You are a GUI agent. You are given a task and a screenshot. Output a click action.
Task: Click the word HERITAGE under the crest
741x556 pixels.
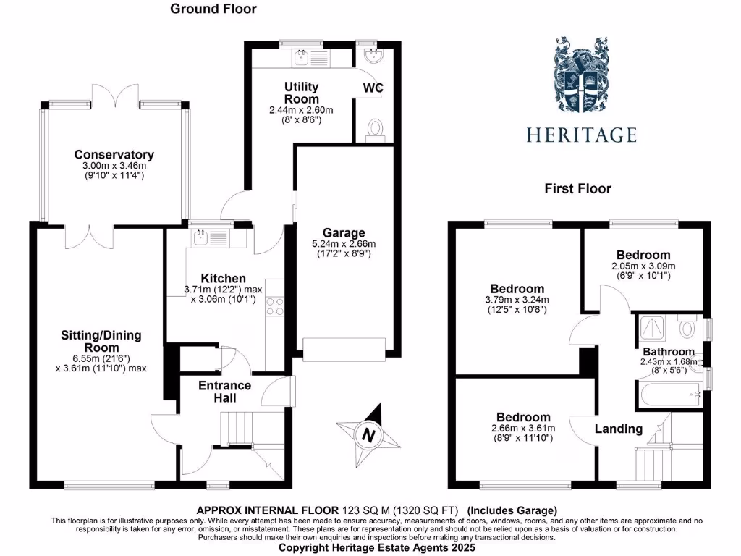(x=581, y=135)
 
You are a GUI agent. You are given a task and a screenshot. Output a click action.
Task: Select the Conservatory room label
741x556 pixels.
(x=114, y=155)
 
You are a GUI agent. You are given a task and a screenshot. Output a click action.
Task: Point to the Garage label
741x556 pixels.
(x=344, y=232)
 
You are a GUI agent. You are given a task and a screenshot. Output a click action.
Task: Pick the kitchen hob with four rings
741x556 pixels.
(x=275, y=307)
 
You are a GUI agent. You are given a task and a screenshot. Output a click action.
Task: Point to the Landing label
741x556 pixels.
(x=619, y=429)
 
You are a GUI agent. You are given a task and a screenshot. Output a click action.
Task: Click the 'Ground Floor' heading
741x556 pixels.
(x=213, y=9)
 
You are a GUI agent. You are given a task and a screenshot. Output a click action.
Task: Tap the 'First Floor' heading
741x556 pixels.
(x=577, y=189)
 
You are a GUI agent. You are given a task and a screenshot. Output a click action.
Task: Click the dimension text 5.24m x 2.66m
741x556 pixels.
(x=344, y=244)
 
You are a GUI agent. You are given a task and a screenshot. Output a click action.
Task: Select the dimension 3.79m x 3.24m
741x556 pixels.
(x=517, y=300)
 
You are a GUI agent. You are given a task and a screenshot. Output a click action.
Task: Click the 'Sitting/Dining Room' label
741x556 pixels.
(x=101, y=341)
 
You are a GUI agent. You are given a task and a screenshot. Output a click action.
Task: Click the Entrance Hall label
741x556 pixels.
(x=225, y=392)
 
